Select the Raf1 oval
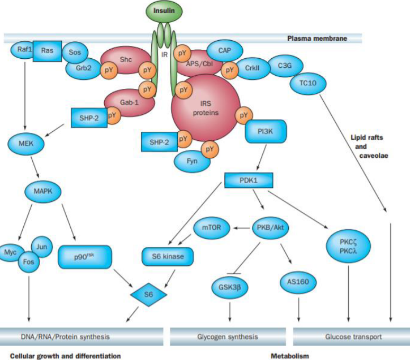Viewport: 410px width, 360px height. pos(22,51)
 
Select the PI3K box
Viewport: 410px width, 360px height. pos(266,131)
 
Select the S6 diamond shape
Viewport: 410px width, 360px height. pos(150,292)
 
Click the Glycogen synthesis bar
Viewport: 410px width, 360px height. pos(227,336)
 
